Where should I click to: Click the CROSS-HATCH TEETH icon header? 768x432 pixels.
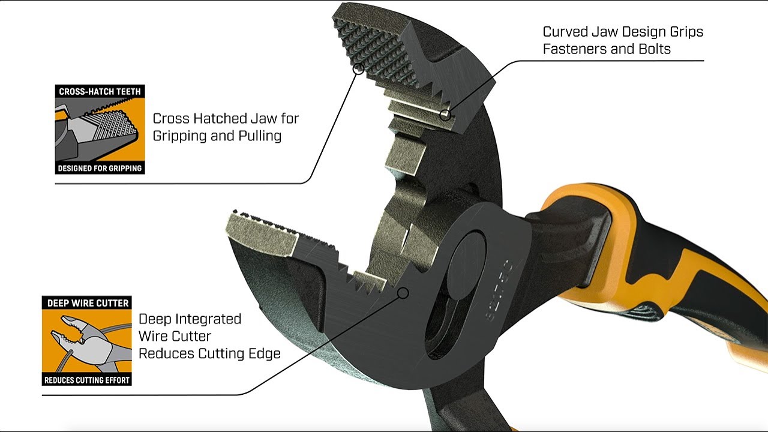(x=100, y=92)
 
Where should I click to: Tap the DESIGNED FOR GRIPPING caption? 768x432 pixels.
(x=100, y=168)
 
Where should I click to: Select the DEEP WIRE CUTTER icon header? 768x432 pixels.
(x=87, y=303)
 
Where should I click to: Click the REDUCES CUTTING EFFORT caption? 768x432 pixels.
(x=87, y=380)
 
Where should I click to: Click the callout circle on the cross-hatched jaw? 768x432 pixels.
(x=358, y=69)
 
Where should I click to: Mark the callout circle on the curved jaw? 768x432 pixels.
(x=445, y=114)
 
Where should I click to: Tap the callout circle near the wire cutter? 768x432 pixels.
(x=403, y=293)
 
